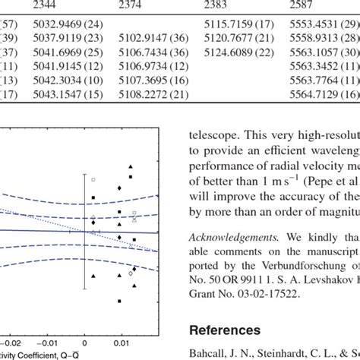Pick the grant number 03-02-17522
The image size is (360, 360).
pos(259,293)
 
